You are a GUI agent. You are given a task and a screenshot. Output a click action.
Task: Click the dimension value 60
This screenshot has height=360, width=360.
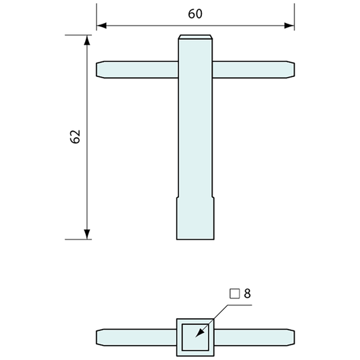196,14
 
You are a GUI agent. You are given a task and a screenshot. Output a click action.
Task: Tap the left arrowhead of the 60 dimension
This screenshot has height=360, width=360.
101,26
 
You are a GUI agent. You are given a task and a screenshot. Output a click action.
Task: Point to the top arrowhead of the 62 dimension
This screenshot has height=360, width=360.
87,41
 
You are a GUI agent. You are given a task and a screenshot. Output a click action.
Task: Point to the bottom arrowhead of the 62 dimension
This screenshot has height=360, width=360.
87,234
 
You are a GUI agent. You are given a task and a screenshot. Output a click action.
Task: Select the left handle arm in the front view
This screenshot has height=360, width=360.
138,70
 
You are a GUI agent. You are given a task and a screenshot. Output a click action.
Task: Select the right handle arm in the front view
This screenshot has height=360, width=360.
253,70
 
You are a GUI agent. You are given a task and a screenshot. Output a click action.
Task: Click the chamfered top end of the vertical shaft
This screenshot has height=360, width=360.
196,38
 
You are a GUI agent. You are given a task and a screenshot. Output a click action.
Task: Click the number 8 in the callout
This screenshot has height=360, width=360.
247,294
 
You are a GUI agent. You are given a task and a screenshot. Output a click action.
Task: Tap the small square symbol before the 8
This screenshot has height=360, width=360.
234,294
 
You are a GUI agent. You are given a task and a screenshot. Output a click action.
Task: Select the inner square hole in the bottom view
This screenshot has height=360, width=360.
196,336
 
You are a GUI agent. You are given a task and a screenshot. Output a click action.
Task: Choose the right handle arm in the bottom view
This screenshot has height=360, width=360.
254,336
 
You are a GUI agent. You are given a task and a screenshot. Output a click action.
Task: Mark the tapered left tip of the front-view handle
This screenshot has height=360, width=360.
100,70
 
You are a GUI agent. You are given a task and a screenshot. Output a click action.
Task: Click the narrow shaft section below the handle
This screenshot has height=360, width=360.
196,135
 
